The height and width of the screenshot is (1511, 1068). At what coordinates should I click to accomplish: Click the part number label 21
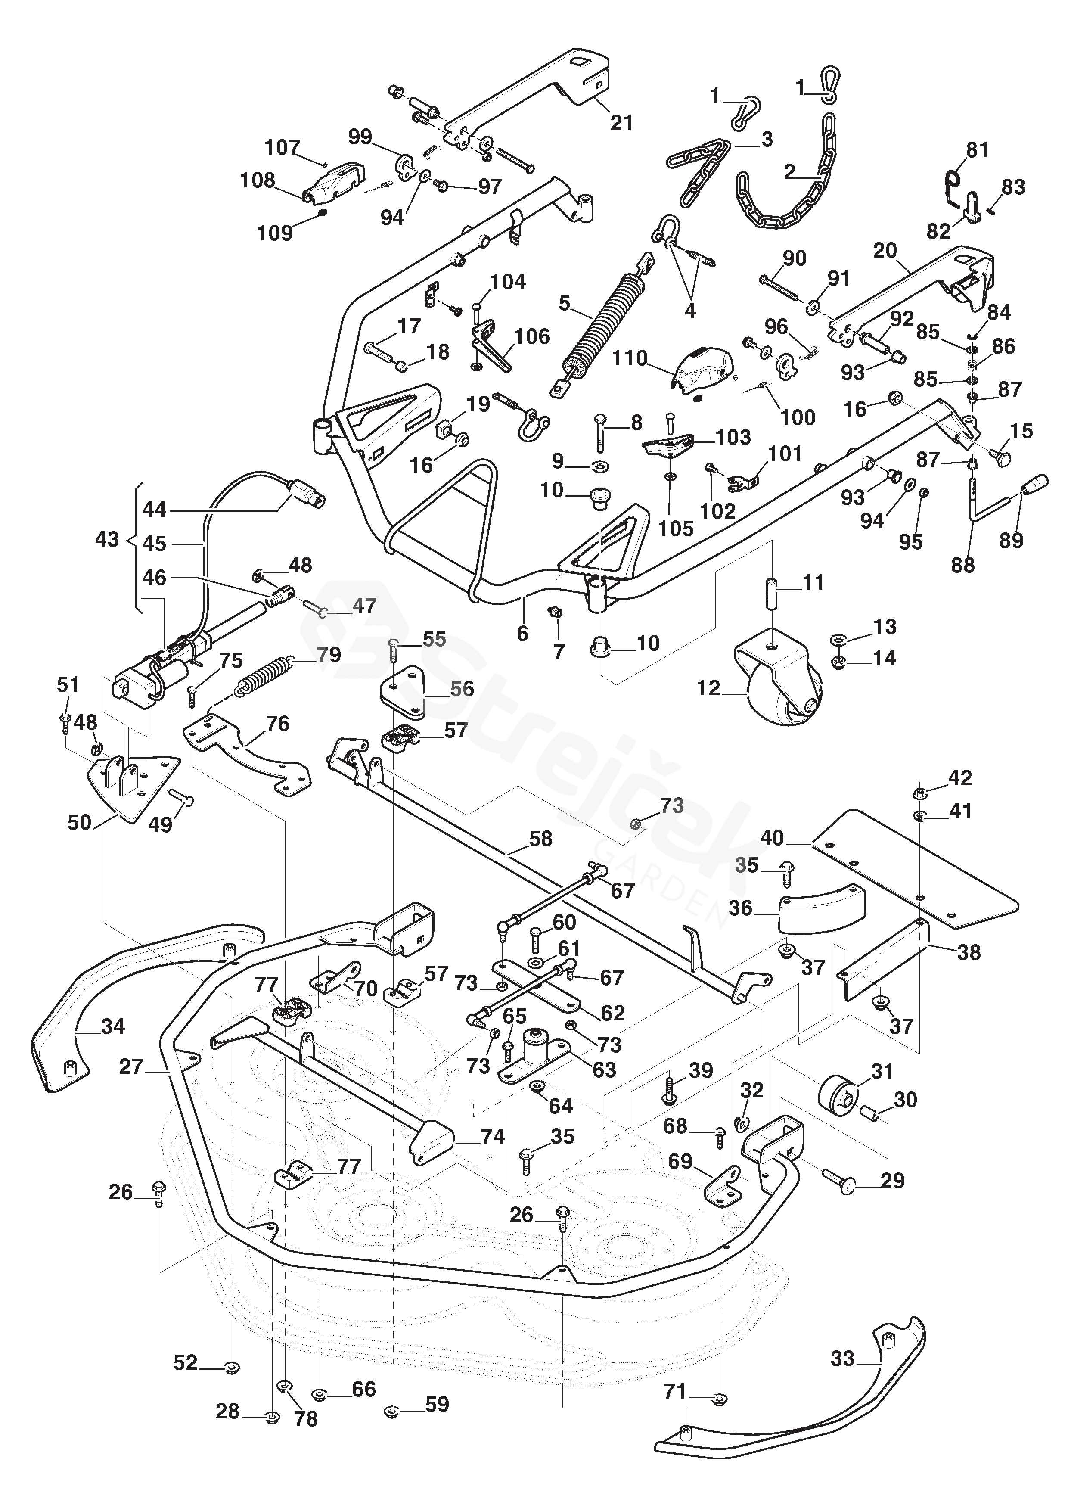pos(621,122)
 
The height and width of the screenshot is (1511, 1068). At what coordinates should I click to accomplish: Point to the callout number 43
pos(107,540)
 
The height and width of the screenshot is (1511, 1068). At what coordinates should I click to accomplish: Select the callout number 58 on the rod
pos(540,839)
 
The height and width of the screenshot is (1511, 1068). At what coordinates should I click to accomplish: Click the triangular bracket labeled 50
pos(132,783)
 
